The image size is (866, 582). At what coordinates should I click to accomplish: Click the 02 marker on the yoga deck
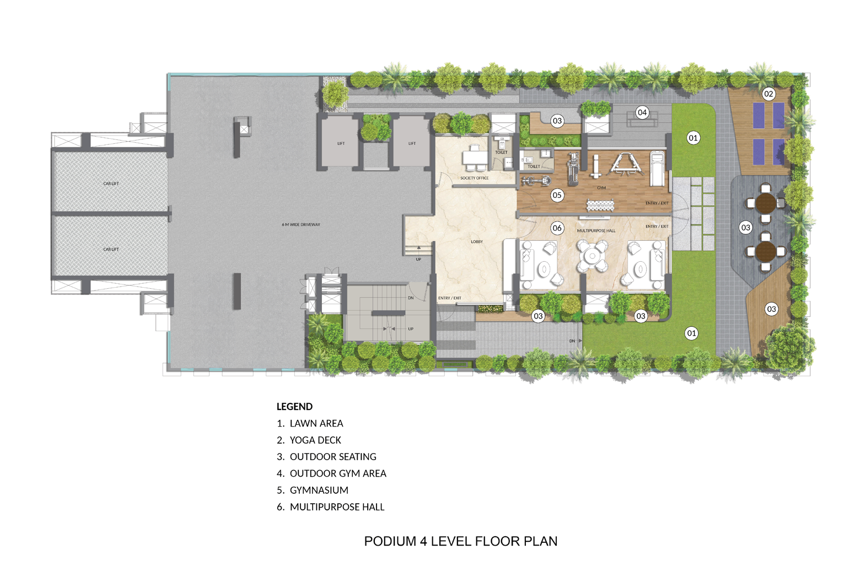[768, 94]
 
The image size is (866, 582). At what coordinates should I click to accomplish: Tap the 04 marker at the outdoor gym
[642, 112]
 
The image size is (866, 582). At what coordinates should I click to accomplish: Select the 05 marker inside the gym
[557, 195]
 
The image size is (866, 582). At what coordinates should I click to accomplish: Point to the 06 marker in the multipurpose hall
[557, 228]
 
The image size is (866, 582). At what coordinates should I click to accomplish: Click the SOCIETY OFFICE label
[475, 178]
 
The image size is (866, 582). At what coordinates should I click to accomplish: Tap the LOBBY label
[477, 242]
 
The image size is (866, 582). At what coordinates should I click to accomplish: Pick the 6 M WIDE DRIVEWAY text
[301, 224]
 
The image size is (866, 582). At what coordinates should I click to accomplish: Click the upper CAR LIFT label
[111, 184]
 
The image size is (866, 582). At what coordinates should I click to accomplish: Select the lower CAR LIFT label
[111, 249]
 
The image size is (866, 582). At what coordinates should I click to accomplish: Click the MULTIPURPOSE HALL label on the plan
[596, 231]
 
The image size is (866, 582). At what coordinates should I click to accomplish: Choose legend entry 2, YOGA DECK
[309, 440]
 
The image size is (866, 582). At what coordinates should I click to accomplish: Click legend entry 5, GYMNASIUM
[313, 490]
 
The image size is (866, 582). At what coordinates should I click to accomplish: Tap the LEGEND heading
[294, 407]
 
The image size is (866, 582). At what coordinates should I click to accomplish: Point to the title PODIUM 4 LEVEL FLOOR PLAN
[461, 541]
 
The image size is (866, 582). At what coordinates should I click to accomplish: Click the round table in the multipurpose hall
[592, 255]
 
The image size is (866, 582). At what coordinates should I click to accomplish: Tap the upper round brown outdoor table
[766, 203]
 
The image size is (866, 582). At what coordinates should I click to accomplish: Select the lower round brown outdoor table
[766, 251]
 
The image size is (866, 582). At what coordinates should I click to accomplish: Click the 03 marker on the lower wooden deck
[771, 309]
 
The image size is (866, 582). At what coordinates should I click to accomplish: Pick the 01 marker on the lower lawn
[691, 333]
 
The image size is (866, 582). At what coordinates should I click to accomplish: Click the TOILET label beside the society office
[501, 152]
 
